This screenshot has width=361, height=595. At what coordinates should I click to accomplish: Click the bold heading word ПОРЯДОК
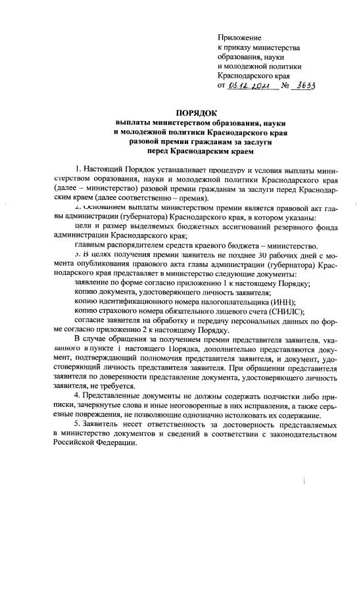click(197, 112)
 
